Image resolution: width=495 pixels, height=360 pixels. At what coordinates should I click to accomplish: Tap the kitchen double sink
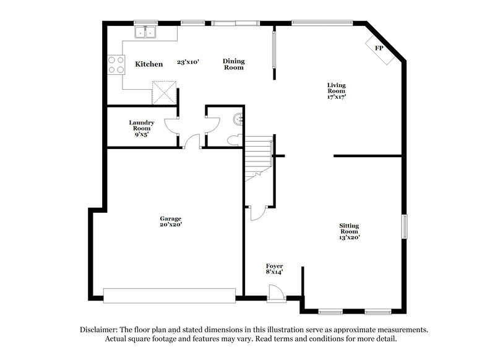point(146,32)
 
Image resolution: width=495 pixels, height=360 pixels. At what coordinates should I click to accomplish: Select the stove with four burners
point(116,64)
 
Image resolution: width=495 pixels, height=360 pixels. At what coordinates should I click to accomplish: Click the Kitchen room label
point(149,64)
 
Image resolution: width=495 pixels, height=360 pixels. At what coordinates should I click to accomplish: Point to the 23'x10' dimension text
point(188,62)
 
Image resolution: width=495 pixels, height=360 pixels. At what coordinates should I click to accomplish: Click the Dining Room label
point(234,64)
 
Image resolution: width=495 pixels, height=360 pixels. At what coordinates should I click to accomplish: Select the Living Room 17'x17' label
point(337,90)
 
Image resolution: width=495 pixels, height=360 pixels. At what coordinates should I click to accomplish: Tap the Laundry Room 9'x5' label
point(141,127)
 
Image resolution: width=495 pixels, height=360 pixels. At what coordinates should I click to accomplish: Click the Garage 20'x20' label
point(171,221)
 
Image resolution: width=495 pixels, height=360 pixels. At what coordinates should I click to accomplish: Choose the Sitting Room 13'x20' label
point(349,231)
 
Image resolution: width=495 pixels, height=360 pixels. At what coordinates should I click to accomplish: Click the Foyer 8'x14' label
point(274,268)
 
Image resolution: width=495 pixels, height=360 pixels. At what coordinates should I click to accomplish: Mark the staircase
point(258,158)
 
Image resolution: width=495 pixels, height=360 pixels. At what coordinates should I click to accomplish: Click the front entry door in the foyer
point(277,293)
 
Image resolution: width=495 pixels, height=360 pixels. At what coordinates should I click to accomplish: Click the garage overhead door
point(170,295)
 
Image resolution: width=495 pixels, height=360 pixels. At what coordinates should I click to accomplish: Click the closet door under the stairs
point(257,213)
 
